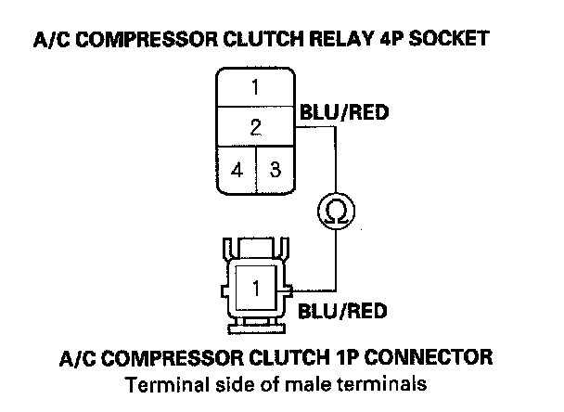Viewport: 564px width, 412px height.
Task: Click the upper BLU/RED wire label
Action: pos(342,113)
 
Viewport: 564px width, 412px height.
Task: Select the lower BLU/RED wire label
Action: pos(342,311)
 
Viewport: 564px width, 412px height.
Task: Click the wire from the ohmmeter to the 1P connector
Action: pos(334,264)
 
